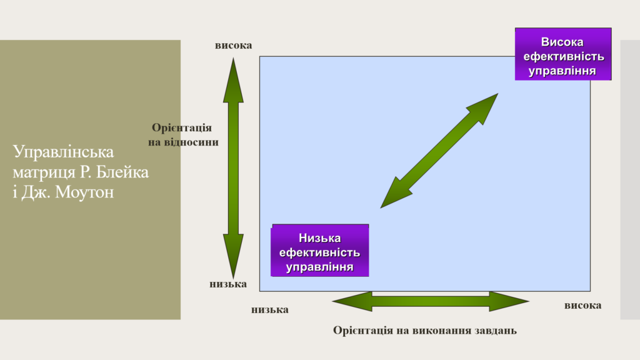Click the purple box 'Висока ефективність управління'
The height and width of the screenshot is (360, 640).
coord(563,54)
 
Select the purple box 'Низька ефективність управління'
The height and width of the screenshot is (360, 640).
coord(319,250)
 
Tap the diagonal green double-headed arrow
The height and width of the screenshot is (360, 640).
coord(439,151)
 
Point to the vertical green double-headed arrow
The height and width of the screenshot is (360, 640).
coord(233,168)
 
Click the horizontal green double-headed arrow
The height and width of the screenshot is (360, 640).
coord(431,302)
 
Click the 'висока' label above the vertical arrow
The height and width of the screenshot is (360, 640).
coord(234,45)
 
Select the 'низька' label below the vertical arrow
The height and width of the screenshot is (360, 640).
coord(228,284)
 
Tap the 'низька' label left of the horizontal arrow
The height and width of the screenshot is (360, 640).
coord(270,310)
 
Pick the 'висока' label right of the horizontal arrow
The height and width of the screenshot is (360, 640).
coord(583,305)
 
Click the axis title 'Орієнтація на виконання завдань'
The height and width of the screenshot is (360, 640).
coord(425,330)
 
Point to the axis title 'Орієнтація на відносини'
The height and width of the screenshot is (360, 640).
coord(183,135)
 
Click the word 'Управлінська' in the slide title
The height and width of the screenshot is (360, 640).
coord(63,152)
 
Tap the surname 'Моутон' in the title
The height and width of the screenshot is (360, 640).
coord(84,192)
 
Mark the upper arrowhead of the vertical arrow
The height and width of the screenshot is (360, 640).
coord(233,80)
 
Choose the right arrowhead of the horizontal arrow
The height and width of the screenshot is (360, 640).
coord(509,302)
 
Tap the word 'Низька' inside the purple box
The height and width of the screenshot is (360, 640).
coord(319,238)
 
